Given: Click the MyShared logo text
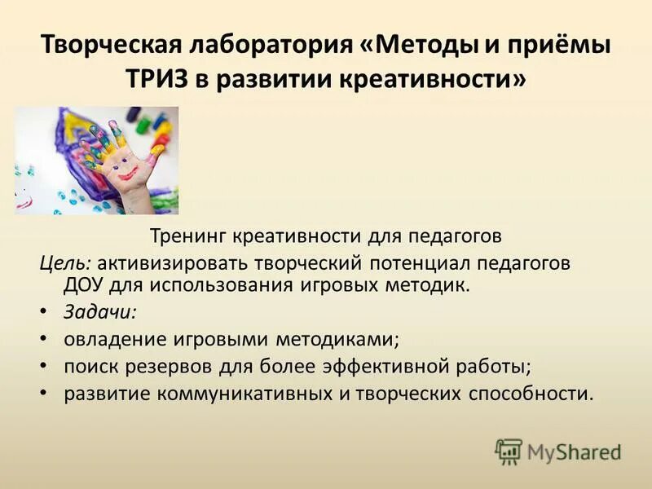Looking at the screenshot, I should point(574,452).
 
